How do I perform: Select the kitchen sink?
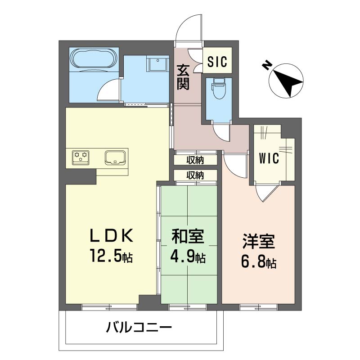[x=115, y=157]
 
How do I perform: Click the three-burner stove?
[x=81, y=157]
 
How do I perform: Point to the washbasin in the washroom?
[x=158, y=64]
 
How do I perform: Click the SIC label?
[x=217, y=61]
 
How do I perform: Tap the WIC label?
[x=269, y=158]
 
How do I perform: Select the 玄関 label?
[x=183, y=77]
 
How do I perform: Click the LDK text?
[x=111, y=235]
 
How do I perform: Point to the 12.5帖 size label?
[x=111, y=255]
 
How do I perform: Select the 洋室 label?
[x=259, y=241]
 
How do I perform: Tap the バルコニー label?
[x=139, y=327]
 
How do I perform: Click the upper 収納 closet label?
[x=195, y=160]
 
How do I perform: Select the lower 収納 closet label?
[x=195, y=175]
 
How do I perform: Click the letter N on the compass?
[x=266, y=65]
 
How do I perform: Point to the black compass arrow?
[x=288, y=84]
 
